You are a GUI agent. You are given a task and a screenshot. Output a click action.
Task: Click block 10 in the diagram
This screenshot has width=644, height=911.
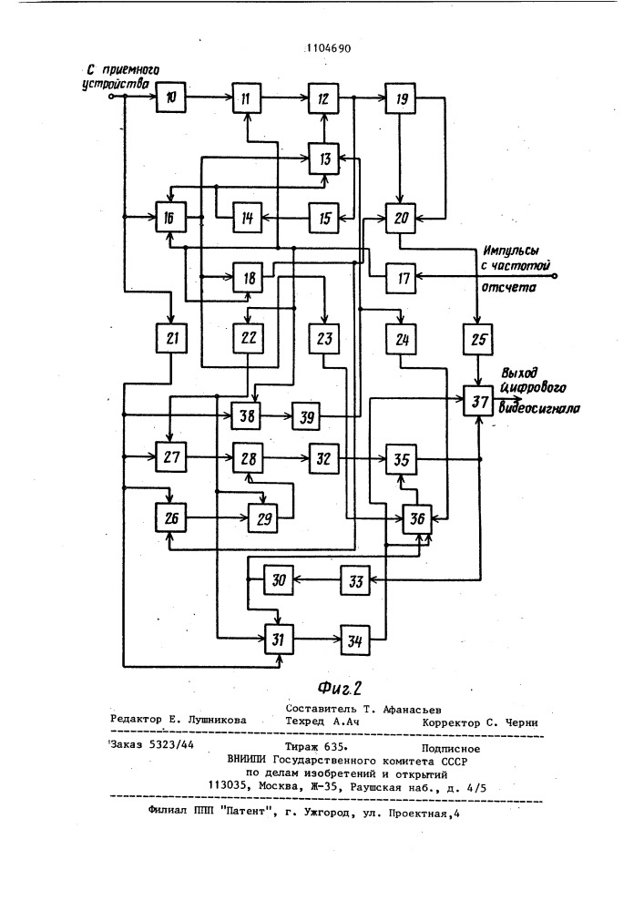pyautogui.click(x=169, y=96)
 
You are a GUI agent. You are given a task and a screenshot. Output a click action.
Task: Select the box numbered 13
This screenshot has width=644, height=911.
pyautogui.click(x=323, y=159)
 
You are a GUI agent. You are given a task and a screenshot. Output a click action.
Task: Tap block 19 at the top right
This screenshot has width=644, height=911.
pyautogui.click(x=398, y=97)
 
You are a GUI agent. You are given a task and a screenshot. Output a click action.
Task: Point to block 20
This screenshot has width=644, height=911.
pyautogui.click(x=398, y=217)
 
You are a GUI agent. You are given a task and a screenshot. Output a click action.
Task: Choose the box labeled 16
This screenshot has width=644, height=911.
pyautogui.click(x=169, y=217)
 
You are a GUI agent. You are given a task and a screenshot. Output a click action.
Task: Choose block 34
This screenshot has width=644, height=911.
pyautogui.click(x=355, y=640)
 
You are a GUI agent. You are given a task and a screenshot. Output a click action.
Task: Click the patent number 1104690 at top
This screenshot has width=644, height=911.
pyautogui.click(x=330, y=50)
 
